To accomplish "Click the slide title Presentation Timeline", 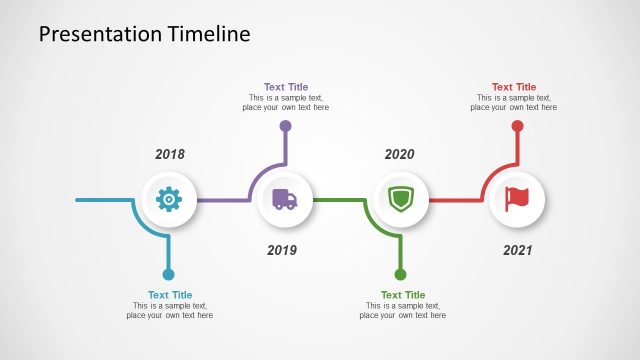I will pyautogui.click(x=144, y=35).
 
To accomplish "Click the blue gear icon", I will pyautogui.click(x=169, y=200).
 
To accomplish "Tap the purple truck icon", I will pyautogui.click(x=285, y=200).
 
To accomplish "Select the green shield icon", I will pyautogui.click(x=400, y=200).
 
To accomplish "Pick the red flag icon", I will pyautogui.click(x=517, y=200).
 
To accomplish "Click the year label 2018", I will pyautogui.click(x=170, y=155).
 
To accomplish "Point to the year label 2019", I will pyautogui.click(x=282, y=250).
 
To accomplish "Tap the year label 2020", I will pyautogui.click(x=399, y=155).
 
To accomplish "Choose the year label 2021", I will pyautogui.click(x=518, y=250).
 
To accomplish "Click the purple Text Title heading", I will pyautogui.click(x=286, y=87).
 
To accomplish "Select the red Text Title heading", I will pyautogui.click(x=514, y=87).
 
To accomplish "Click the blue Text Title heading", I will pyautogui.click(x=170, y=295).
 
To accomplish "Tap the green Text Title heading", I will pyautogui.click(x=403, y=295).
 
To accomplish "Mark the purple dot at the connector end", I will pyautogui.click(x=286, y=126).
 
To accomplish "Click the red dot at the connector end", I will pyautogui.click(x=517, y=126).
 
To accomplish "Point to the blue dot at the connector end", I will pyautogui.click(x=168, y=274).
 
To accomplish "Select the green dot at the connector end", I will pyautogui.click(x=400, y=274).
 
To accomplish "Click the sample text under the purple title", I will pyautogui.click(x=286, y=103).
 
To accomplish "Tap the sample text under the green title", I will pyautogui.click(x=403, y=311).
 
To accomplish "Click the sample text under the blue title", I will pyautogui.click(x=170, y=311).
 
